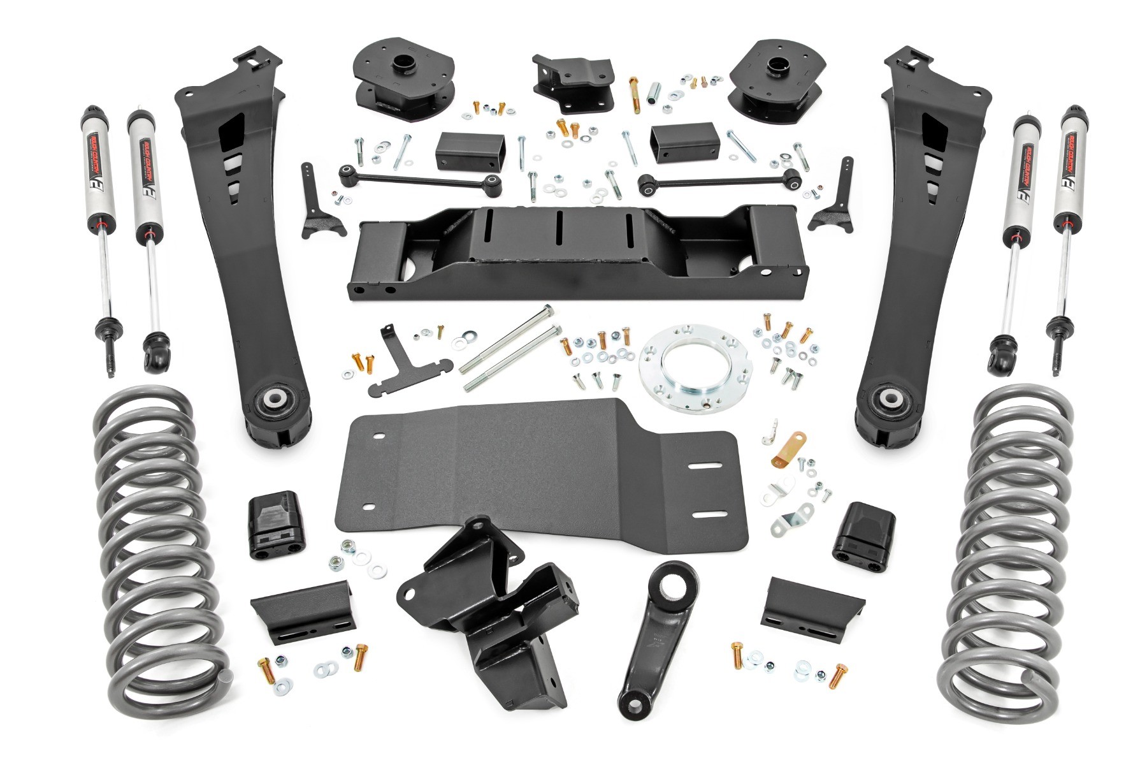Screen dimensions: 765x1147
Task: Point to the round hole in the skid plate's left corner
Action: [x=377, y=436]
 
